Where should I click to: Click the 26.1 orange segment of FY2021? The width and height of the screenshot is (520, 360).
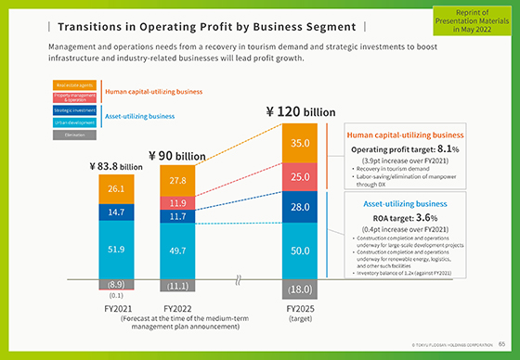pos(117,189)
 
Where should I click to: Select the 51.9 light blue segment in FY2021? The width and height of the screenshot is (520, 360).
pos(117,250)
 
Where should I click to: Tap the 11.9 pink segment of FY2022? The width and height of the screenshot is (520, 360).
pos(177,202)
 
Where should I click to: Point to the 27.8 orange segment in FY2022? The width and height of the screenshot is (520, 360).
pos(177,180)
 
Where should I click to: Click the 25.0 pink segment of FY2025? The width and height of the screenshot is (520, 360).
pos(300,176)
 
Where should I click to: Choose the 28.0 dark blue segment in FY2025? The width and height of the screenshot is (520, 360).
pos(300,208)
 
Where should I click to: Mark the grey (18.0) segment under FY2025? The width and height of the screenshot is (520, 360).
pos(300,289)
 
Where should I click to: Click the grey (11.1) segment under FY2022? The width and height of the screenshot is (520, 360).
pos(177,286)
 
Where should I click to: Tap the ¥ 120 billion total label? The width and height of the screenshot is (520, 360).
pos(300,112)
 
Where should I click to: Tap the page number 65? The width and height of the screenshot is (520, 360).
pos(500,344)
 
